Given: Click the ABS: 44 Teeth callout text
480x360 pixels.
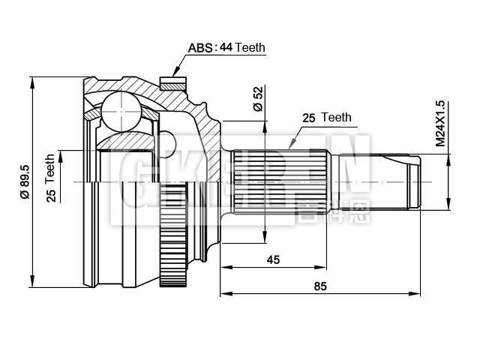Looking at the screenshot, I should click(x=226, y=48).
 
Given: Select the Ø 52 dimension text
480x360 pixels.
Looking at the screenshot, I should click(x=257, y=99).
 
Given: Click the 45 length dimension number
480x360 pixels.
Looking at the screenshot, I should click(x=273, y=259).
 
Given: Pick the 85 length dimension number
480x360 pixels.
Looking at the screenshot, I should click(x=320, y=286).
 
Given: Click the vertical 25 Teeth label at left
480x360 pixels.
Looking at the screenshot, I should click(x=51, y=179).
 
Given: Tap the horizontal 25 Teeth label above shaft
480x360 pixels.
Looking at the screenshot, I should click(x=326, y=118).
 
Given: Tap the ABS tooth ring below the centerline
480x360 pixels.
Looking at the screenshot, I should click(x=173, y=255).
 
